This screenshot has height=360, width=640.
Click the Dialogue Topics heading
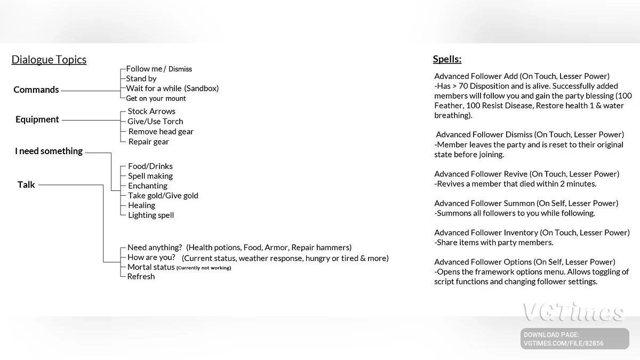(x=49, y=60)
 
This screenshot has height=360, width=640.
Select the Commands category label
(x=36, y=90)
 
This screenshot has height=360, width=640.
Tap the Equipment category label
(x=37, y=119)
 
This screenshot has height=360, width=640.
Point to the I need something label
(x=49, y=151)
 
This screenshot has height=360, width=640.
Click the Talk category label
(x=26, y=185)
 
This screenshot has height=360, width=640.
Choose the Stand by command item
(x=141, y=78)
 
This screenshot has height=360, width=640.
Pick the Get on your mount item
(x=156, y=98)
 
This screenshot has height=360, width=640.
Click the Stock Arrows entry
(x=151, y=111)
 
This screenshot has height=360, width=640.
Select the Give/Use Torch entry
(x=155, y=122)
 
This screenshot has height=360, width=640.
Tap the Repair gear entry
(x=149, y=142)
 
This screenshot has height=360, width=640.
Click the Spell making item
(x=150, y=176)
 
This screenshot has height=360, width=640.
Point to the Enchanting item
(x=148, y=186)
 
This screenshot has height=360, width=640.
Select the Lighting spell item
(x=151, y=215)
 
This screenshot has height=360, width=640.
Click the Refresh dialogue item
(x=141, y=277)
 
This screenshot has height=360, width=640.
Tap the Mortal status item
(x=151, y=267)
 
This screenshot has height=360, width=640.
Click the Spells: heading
(x=447, y=59)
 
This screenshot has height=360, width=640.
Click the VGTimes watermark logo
(x=573, y=313)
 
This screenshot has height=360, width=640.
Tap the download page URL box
(x=575, y=339)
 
